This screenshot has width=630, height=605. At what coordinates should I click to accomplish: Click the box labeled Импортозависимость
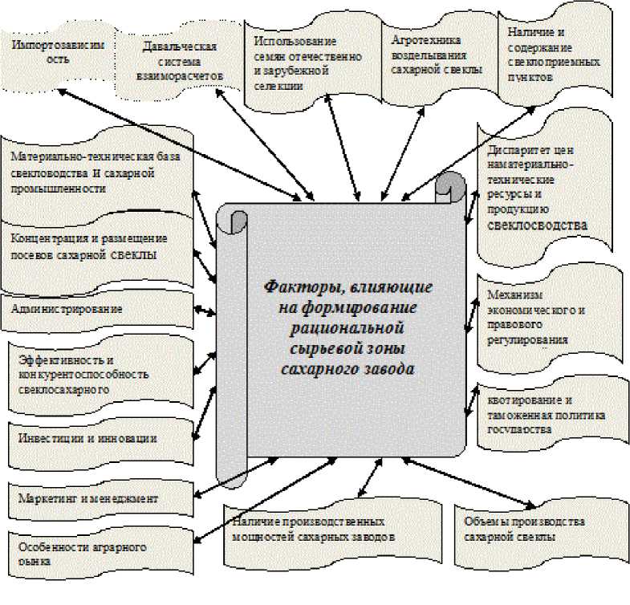[x=58, y=53]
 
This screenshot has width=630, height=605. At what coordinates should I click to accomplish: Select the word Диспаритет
[x=518, y=150]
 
